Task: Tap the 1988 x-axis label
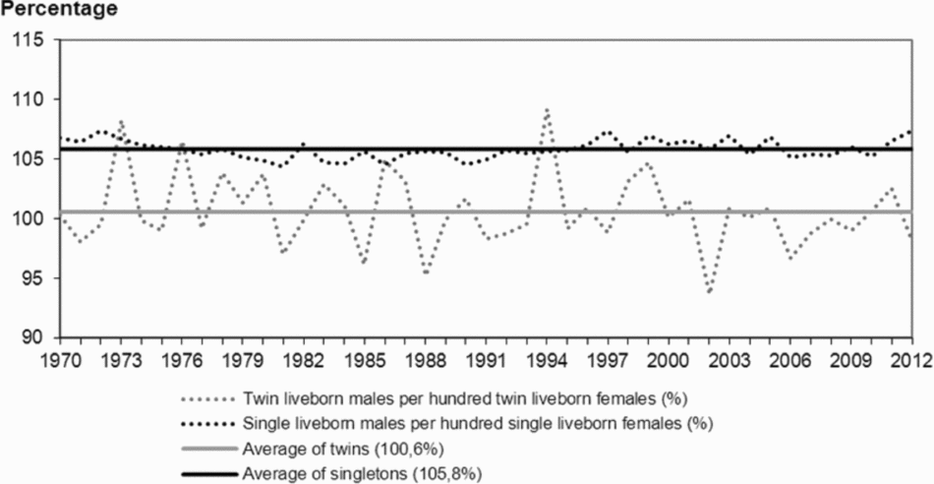click(x=427, y=358)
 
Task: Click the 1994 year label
click(x=548, y=358)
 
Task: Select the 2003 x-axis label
click(x=730, y=358)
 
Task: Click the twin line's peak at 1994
click(x=547, y=110)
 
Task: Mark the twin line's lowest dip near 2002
click(x=709, y=292)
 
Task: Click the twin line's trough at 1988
click(x=426, y=272)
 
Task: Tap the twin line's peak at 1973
click(x=121, y=122)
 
